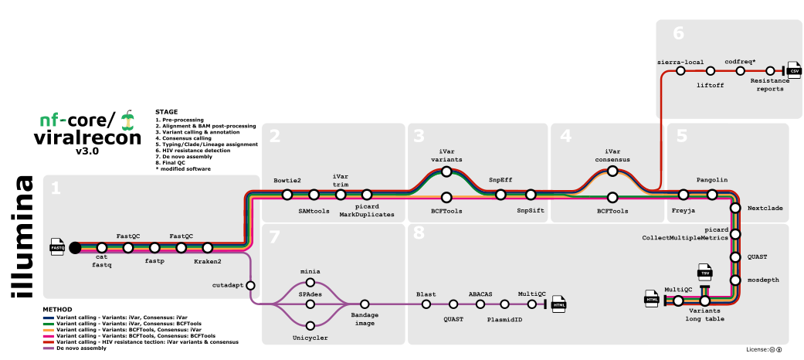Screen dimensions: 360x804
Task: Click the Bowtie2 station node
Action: click(287, 195)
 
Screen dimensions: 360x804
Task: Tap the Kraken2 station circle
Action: click(208, 248)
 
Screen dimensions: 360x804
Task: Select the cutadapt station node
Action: click(250, 285)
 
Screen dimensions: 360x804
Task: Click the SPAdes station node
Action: click(310, 304)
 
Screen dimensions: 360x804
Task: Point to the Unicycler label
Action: click(310, 338)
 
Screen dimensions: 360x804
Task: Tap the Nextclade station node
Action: click(736, 209)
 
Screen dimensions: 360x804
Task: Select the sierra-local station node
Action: click(680, 70)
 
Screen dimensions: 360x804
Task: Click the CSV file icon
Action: click(793, 70)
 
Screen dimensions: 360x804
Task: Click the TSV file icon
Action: click(704, 273)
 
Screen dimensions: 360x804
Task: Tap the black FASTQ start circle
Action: click(75, 248)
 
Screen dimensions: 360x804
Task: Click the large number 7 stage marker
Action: click(275, 239)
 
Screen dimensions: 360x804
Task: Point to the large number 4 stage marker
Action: click(566, 138)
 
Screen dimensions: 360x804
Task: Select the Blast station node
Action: click(426, 304)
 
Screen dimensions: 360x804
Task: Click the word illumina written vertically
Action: click(22, 236)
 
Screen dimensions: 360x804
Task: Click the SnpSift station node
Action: click(531, 195)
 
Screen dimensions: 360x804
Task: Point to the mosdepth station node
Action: click(736, 279)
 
